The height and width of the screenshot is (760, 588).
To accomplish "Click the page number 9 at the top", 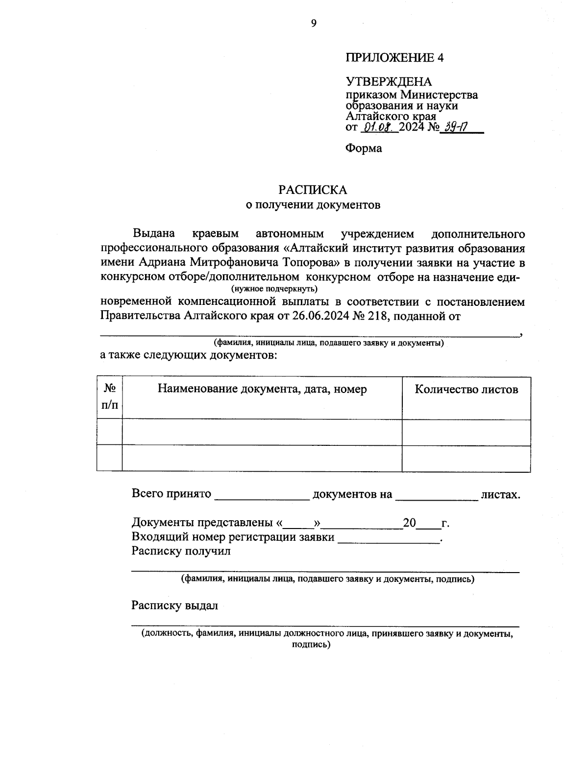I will [x=314, y=23].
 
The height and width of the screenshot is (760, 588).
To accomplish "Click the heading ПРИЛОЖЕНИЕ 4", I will [x=394, y=58].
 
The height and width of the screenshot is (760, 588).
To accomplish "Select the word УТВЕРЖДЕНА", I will [x=389, y=82].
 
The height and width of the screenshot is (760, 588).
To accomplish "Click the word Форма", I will [x=364, y=148].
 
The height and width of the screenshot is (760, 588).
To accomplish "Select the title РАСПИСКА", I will [x=313, y=189].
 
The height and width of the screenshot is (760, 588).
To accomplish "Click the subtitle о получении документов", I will [x=313, y=205].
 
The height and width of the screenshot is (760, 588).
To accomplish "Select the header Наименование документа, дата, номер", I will [x=262, y=390].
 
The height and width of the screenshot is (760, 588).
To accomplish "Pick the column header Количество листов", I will [x=466, y=390].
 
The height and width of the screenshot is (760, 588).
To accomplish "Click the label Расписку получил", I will [x=180, y=552].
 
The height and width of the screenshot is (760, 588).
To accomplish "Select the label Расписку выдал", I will [x=174, y=606].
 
